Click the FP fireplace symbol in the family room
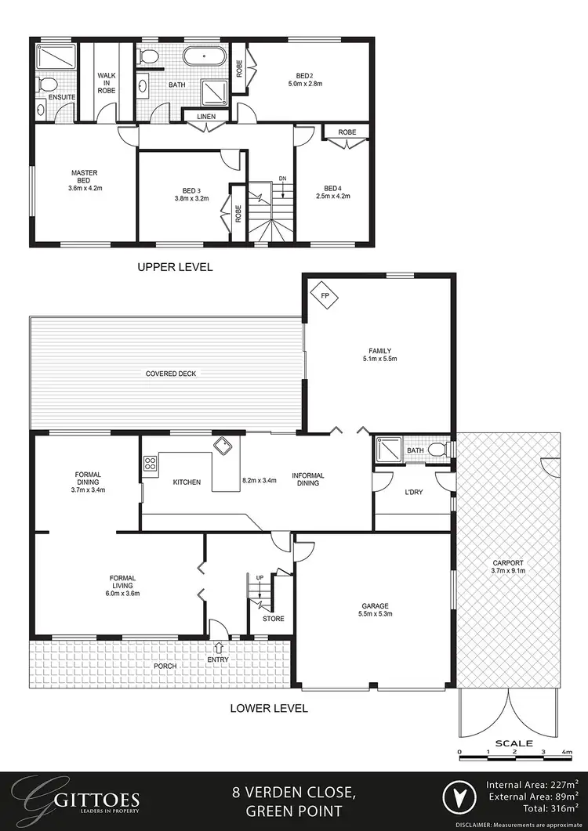click(x=322, y=295)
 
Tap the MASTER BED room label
click(x=84, y=176)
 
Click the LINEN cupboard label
click(x=207, y=117)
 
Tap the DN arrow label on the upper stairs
click(x=282, y=179)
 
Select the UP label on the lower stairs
click(x=260, y=577)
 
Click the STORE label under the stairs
click(x=273, y=618)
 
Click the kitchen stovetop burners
click(x=148, y=464)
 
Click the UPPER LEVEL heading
click(x=175, y=267)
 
